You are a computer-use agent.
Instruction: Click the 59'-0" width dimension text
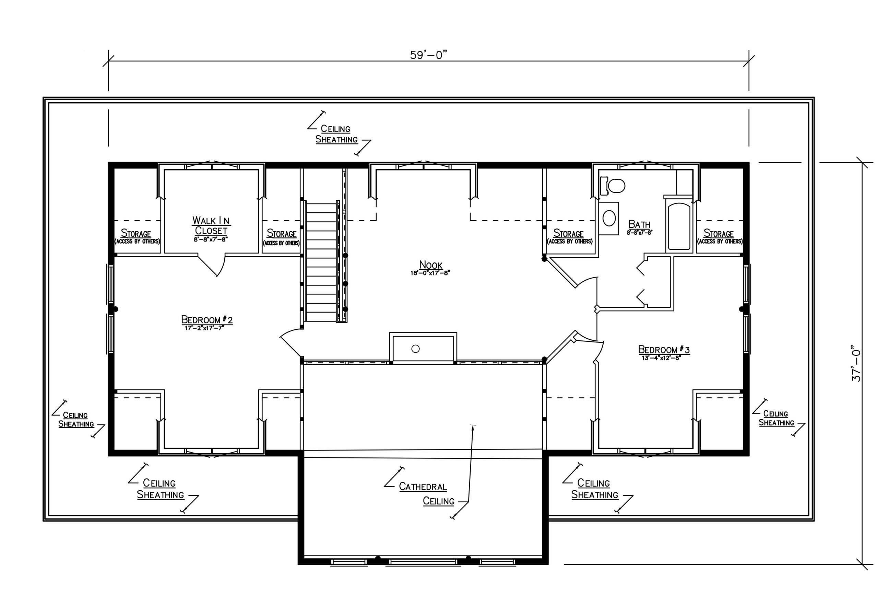428,55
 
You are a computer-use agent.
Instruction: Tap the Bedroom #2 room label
207,320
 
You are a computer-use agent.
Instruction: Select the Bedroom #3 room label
664,350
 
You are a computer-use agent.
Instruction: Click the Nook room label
431,265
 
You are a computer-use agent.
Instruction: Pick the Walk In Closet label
211,225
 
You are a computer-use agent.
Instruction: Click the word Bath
639,224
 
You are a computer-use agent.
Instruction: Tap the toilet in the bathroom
613,186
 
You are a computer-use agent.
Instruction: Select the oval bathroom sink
609,218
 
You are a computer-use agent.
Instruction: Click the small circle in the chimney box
416,349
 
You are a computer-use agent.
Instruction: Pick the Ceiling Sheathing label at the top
336,134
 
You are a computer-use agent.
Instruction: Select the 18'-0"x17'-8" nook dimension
431,272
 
